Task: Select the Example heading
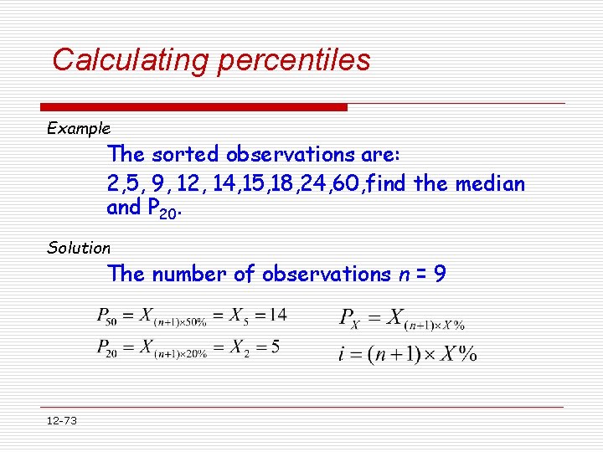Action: pos(79,129)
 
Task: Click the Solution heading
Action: pos(79,248)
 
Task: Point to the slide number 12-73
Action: pos(61,420)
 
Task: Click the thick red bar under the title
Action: pos(193,107)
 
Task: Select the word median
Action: pos(490,183)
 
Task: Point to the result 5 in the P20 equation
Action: pos(275,347)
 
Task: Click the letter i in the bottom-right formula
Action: pos(343,353)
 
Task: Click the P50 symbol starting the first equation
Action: pos(106,316)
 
